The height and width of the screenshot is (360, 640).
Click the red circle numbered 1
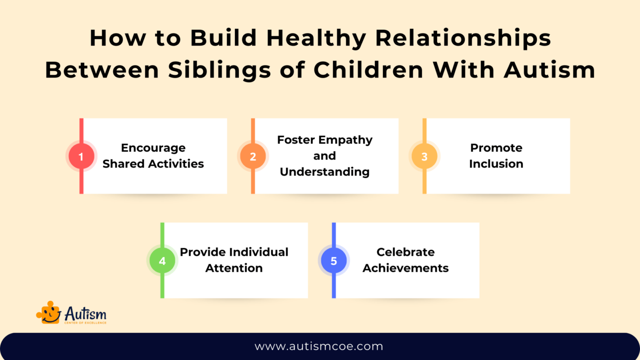[81, 156]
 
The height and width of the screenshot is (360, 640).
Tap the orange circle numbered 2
[252, 156]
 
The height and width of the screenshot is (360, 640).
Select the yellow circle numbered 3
[424, 156]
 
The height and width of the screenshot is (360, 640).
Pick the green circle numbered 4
[162, 260]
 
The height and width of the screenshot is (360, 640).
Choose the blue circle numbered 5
[333, 260]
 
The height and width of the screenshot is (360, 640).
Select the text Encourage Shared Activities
[153, 155]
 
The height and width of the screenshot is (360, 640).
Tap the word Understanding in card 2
[324, 171]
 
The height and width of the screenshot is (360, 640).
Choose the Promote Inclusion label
[496, 155]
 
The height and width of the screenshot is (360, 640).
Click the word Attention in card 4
[234, 268]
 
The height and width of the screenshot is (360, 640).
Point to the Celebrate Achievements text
[405, 260]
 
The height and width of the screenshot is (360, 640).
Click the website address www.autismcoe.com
[319, 346]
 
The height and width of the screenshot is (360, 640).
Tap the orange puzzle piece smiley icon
[48, 312]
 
